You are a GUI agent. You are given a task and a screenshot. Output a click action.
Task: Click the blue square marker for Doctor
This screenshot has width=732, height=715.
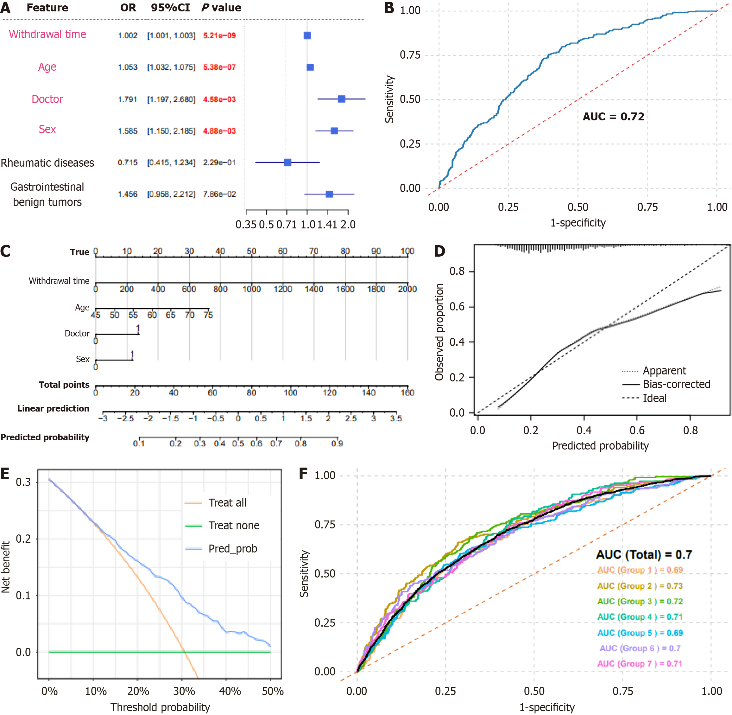341,99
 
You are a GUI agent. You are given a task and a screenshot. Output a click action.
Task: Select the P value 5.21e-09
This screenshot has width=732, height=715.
219,36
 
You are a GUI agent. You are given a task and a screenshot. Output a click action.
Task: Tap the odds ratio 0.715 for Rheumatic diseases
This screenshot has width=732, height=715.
128,163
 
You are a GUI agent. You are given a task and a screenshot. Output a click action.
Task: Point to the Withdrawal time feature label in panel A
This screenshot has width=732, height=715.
47,34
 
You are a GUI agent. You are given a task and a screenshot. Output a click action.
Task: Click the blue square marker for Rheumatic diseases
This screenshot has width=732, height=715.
287,163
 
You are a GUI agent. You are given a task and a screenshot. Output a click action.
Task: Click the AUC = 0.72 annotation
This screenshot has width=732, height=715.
613,117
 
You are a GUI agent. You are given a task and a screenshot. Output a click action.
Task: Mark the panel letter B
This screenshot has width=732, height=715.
389,8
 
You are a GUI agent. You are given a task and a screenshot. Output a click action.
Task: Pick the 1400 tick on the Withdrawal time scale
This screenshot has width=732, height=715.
314,289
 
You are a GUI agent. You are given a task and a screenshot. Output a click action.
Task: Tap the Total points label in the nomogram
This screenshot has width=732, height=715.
64,385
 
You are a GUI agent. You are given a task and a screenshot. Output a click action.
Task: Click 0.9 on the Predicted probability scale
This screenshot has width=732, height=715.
337,444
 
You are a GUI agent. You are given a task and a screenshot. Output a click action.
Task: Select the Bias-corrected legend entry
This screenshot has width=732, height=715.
676,384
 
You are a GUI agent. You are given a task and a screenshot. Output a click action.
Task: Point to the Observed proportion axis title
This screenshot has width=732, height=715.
439,332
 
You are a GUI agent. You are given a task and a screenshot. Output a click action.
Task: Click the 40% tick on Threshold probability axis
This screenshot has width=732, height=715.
230,691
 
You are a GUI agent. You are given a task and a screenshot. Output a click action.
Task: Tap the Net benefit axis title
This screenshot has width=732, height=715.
6,567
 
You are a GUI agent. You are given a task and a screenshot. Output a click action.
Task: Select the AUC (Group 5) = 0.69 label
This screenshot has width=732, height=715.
640,633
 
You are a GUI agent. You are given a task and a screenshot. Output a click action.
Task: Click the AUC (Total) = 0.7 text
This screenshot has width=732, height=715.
643,555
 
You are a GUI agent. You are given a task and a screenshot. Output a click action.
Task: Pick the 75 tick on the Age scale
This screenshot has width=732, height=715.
208,315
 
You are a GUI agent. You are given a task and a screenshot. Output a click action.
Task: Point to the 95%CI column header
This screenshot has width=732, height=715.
170,8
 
